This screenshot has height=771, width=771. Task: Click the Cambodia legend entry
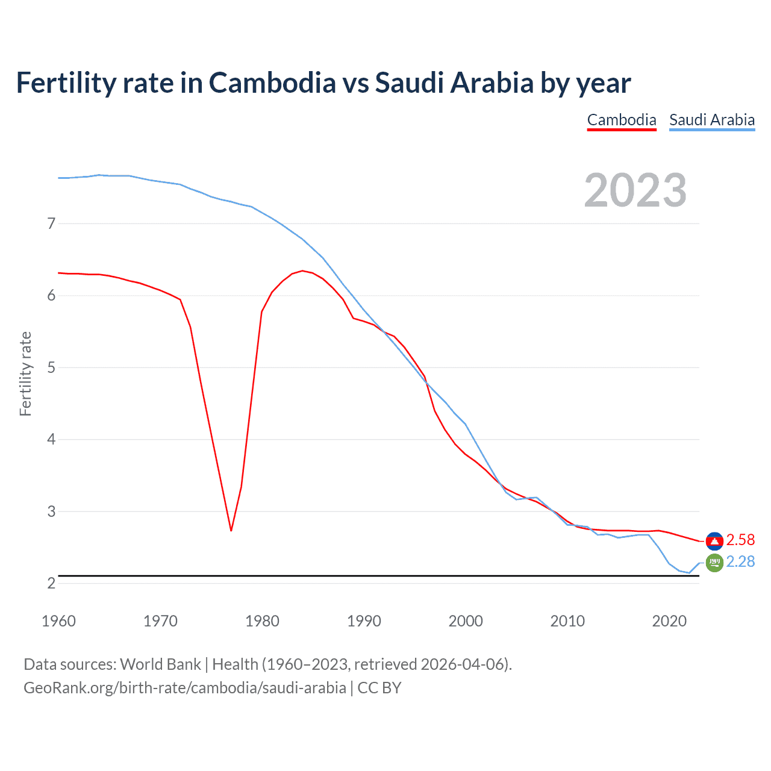(x=622, y=120)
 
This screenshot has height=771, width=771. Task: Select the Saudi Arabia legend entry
(x=712, y=120)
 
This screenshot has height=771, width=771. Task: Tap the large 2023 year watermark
(x=635, y=190)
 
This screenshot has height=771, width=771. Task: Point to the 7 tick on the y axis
(x=51, y=223)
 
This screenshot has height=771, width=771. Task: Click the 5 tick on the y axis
(x=51, y=367)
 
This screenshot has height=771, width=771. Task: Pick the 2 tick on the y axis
(x=51, y=583)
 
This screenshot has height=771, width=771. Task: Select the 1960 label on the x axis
(x=58, y=621)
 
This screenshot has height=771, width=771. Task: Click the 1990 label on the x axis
(x=364, y=621)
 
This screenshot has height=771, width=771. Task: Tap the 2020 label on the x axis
(x=669, y=621)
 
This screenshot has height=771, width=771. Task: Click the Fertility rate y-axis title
(x=25, y=373)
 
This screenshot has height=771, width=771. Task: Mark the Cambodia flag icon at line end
(x=714, y=542)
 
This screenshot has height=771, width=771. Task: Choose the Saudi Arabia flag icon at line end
(x=714, y=563)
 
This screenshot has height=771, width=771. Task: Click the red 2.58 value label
(x=740, y=540)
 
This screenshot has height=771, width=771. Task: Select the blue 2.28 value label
(x=740, y=561)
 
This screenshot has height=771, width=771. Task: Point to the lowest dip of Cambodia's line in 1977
(x=231, y=530)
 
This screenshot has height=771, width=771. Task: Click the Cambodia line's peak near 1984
(x=302, y=271)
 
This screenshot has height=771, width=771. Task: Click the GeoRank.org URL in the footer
(x=185, y=688)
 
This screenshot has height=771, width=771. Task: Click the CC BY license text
(x=379, y=688)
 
